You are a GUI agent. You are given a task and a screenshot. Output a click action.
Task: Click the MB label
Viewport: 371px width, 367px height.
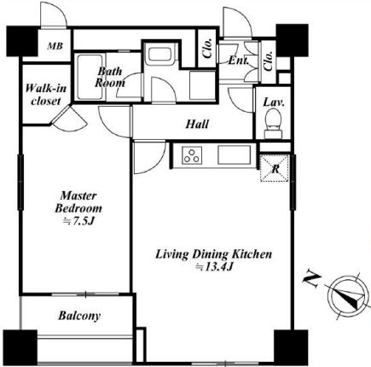[55, 46]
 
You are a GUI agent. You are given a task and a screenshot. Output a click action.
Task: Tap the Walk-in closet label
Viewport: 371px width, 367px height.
[46, 95]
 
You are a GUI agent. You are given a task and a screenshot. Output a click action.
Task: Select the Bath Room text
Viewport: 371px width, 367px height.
[110, 77]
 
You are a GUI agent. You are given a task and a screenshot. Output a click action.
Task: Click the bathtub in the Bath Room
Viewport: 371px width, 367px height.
[90, 77]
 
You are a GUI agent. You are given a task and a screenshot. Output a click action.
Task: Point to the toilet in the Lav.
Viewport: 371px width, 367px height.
[273, 124]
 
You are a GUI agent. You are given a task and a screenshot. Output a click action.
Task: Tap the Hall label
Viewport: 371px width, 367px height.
[197, 124]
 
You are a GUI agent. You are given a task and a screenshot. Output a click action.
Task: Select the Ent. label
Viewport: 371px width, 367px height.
[239, 61]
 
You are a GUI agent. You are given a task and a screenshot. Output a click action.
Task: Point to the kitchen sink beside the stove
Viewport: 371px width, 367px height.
[235, 155]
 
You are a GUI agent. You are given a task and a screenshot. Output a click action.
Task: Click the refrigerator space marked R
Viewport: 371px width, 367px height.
[275, 168]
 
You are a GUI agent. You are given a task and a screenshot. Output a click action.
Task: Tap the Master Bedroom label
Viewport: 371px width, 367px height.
[78, 201]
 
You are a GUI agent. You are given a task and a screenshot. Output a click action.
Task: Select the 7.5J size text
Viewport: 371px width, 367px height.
[78, 221]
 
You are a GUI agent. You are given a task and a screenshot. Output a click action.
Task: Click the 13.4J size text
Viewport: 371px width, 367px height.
[215, 267]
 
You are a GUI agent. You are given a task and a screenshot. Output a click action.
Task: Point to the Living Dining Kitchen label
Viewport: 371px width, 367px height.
[213, 253]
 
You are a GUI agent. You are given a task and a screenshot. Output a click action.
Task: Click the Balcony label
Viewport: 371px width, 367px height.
[79, 316]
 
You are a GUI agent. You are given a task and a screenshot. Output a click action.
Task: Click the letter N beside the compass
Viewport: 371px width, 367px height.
[312, 281]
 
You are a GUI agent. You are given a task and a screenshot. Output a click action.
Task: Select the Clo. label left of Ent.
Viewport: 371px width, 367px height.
[208, 48]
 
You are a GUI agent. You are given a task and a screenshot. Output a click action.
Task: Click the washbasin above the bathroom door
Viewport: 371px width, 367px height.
[159, 54]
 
